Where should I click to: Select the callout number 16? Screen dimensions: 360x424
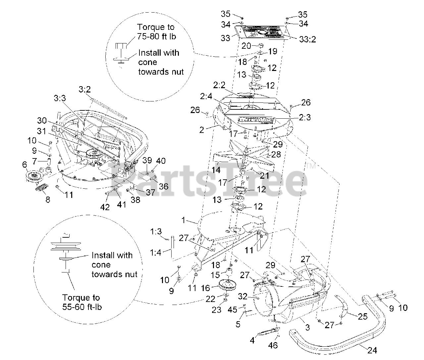tap(206, 287)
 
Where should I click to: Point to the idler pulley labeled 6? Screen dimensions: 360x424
tap(34, 175)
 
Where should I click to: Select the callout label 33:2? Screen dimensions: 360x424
tap(307, 39)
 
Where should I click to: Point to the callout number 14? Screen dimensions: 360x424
tap(216, 170)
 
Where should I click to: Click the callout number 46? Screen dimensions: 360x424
tap(273, 346)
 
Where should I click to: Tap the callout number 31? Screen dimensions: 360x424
tap(41, 131)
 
